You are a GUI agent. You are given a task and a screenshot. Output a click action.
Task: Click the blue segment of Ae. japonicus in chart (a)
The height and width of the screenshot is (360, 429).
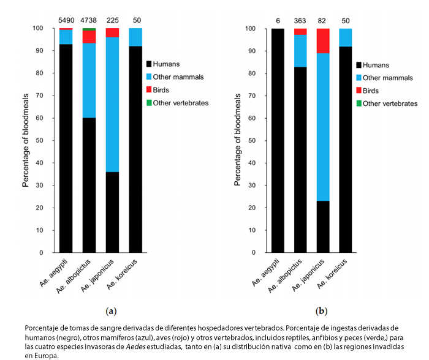click(x=112, y=105)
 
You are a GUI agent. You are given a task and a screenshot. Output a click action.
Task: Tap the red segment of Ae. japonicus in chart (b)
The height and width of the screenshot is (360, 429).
click(x=322, y=41)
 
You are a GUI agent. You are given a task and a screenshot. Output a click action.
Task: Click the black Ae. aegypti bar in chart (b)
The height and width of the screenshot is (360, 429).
click(x=277, y=140)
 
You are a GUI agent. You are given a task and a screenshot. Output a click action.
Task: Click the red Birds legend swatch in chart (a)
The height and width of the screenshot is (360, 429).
click(x=148, y=90)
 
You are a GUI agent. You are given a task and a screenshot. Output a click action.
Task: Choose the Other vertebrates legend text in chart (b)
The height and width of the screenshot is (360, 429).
click(x=390, y=104)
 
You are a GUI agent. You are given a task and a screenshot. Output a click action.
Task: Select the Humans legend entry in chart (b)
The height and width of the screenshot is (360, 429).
click(x=376, y=64)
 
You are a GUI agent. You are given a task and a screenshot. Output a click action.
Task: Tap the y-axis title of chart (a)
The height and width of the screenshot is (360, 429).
click(x=26, y=140)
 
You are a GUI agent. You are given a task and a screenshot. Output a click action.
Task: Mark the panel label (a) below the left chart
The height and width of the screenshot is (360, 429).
click(x=111, y=311)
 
